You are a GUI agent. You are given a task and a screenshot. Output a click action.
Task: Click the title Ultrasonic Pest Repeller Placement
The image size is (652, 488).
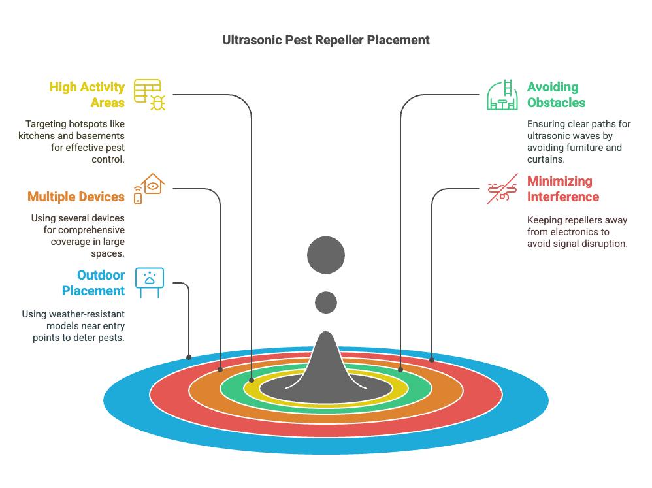point(326,40)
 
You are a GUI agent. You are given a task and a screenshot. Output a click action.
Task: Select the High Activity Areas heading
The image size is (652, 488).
point(88,95)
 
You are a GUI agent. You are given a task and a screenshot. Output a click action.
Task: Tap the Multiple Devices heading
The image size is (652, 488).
point(76,197)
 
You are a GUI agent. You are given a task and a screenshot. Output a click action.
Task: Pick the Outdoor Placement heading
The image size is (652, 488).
point(93,283)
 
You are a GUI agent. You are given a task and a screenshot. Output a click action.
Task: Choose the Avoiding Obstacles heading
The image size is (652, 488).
point(556,95)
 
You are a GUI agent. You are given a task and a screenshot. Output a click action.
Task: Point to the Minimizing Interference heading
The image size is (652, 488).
point(562,189)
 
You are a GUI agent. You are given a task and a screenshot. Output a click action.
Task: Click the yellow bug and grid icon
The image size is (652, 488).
point(150,94)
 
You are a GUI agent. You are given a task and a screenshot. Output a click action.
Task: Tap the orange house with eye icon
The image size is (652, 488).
point(150,189)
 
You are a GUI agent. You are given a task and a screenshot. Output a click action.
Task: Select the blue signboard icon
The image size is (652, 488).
point(150,282)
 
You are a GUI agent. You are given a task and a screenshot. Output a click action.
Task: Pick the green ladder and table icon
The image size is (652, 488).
point(502,95)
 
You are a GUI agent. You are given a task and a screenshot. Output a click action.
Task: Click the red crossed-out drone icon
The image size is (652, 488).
point(502,189)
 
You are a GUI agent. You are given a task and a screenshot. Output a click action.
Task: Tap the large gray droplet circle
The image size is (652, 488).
point(325,255)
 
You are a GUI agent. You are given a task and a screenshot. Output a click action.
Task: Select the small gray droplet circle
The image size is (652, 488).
point(325,302)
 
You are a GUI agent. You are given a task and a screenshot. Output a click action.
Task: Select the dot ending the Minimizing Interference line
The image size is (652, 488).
point(432,359)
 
